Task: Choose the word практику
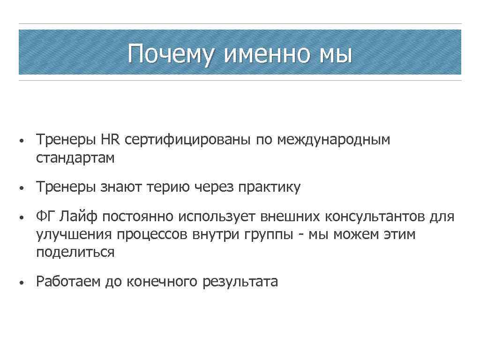[x=270, y=187]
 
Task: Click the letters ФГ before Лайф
[x=46, y=217]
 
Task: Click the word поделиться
[x=75, y=252]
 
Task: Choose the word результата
[x=240, y=282]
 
